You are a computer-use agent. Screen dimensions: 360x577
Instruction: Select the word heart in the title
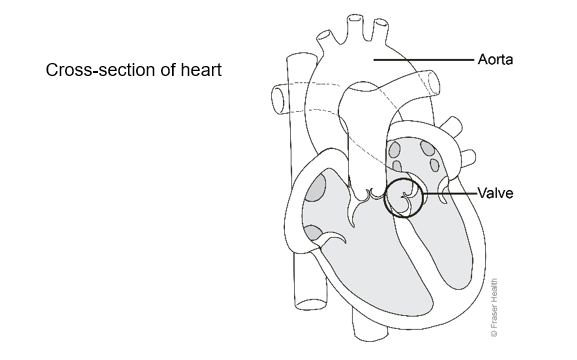[x=201, y=72]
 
